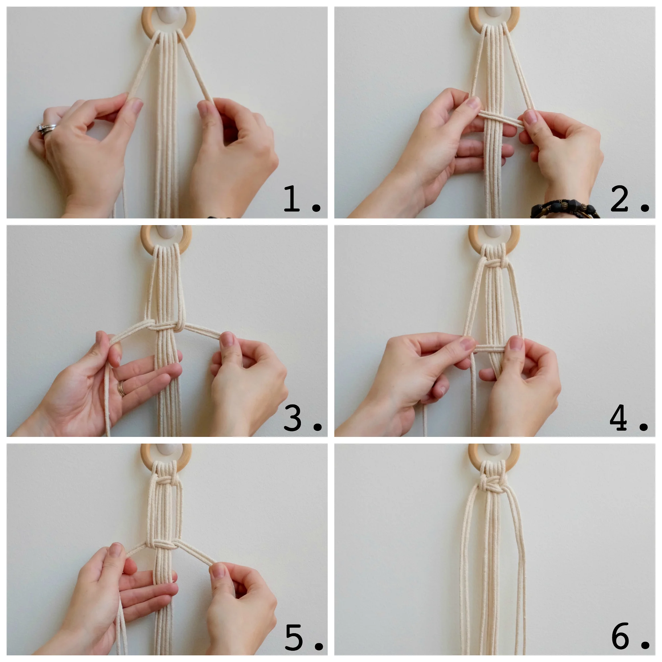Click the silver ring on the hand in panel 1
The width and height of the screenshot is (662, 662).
point(46,128)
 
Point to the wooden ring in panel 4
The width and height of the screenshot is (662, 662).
point(514,240)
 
